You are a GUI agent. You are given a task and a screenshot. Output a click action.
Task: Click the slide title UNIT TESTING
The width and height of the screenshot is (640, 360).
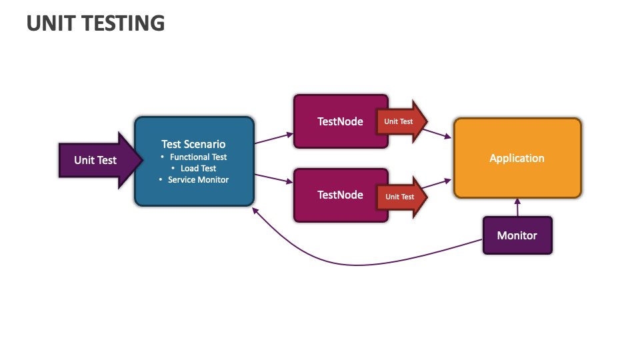click(x=95, y=23)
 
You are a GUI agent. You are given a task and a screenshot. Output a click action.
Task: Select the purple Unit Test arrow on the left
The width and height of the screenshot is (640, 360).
click(x=95, y=160)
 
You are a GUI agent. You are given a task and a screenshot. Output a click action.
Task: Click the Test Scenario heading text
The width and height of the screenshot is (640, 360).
click(x=193, y=144)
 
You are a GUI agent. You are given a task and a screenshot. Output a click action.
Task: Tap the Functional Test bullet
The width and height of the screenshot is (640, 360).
click(x=198, y=157)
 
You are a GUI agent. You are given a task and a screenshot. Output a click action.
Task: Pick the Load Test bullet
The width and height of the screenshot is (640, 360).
click(x=198, y=169)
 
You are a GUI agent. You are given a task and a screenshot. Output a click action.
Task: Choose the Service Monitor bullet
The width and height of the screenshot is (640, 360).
click(x=198, y=180)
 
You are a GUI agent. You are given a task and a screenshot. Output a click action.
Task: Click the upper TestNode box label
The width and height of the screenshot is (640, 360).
click(x=340, y=121)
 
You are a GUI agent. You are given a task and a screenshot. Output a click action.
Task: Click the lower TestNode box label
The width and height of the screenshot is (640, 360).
click(x=340, y=195)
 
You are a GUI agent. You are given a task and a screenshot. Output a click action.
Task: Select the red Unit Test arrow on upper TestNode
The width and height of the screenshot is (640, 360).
click(x=400, y=121)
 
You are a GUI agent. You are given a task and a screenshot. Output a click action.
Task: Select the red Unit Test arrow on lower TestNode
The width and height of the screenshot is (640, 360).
click(x=401, y=197)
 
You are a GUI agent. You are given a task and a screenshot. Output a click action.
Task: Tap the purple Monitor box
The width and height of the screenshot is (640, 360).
click(x=517, y=235)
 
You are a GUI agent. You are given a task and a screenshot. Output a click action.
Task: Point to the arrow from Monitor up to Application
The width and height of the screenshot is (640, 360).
click(x=517, y=208)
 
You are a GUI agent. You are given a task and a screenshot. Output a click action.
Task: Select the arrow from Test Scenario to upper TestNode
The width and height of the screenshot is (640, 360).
click(x=273, y=139)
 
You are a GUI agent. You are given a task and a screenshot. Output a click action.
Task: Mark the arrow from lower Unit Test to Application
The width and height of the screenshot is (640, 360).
click(x=440, y=183)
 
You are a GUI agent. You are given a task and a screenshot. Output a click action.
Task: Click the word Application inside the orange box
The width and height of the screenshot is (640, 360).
click(x=517, y=158)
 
